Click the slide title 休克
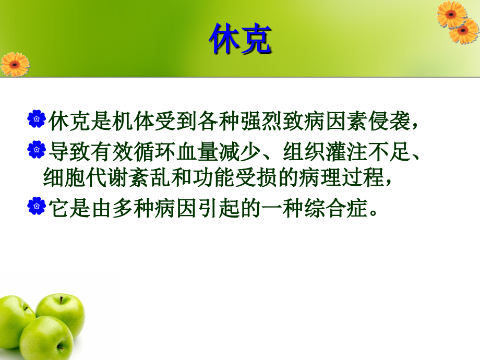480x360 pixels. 240,40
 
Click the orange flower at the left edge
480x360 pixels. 14,64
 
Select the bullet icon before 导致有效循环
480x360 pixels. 36,150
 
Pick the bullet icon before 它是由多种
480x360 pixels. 36,207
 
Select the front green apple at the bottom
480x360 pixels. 47,339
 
